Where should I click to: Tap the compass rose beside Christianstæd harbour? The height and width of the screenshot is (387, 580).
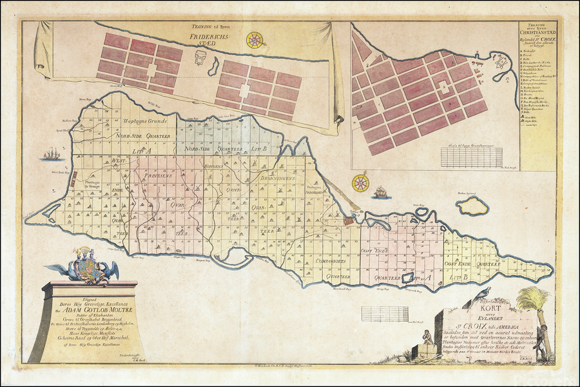pos(361,183)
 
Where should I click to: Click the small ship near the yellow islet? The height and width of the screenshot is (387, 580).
pos(380,192)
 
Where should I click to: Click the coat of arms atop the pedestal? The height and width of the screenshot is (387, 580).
pos(85,265)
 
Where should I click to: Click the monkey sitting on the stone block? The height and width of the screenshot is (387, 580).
pos(426,337)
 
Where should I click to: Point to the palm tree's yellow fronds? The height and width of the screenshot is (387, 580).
pos(534,298)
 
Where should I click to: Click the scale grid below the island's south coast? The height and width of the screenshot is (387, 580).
pos(376,313)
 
